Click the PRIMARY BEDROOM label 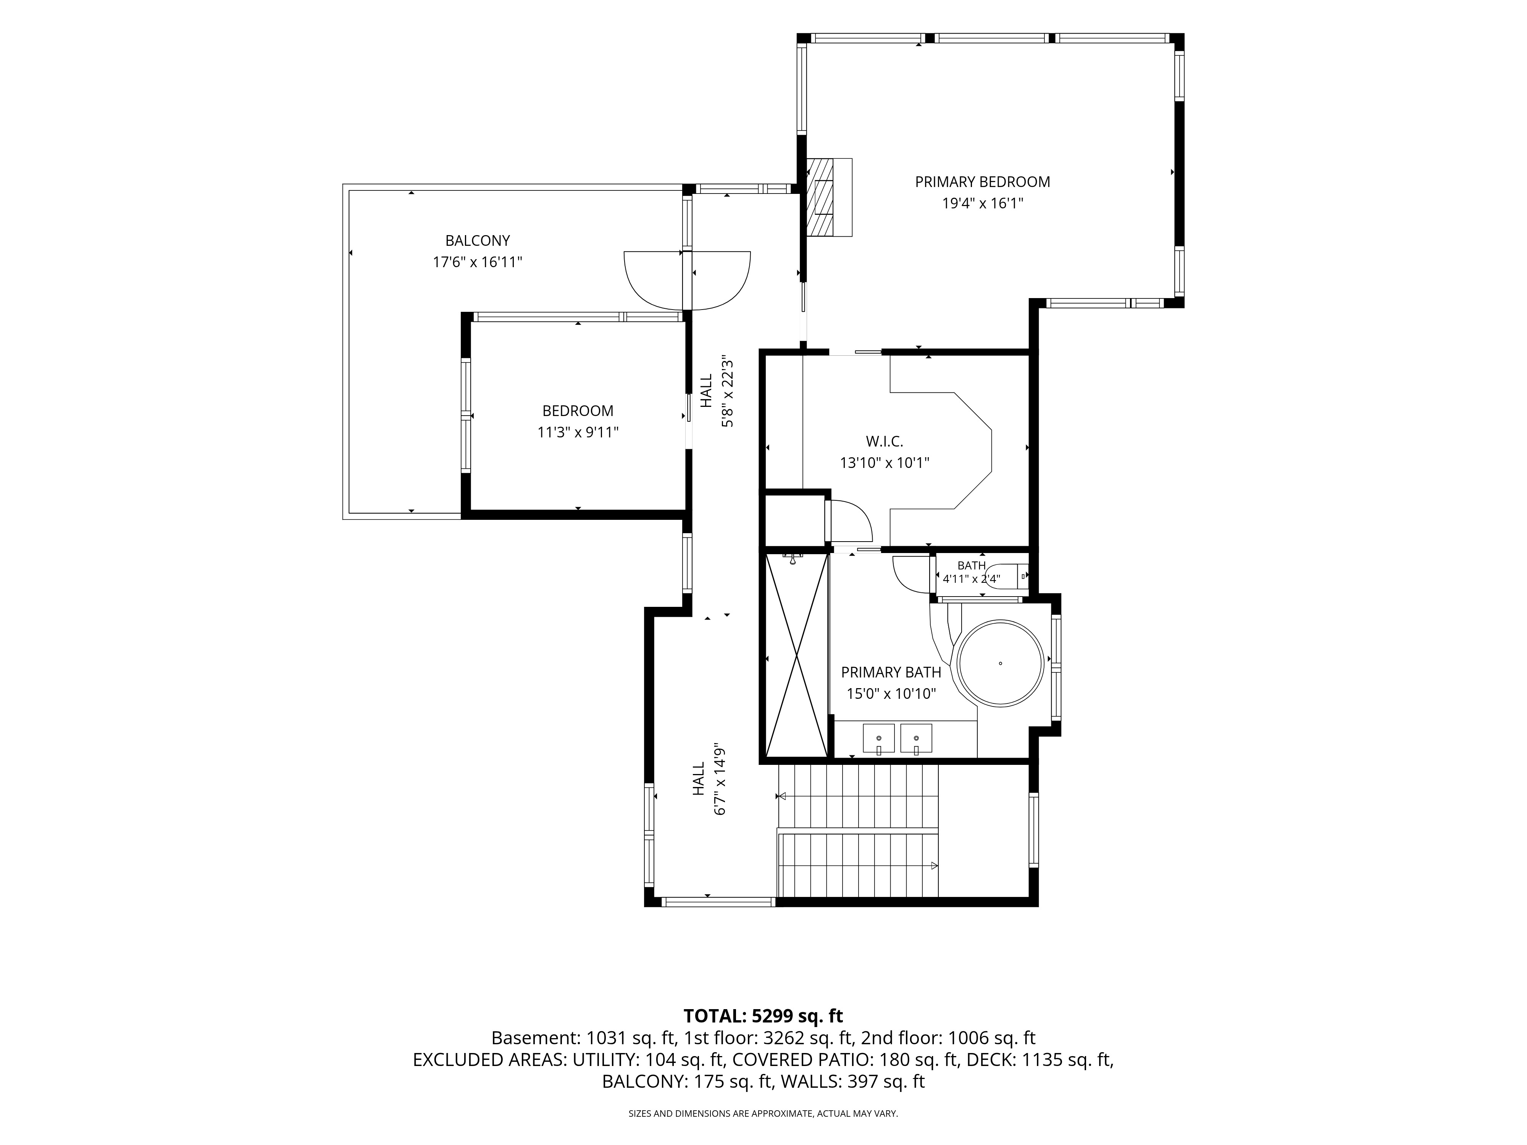tap(982, 182)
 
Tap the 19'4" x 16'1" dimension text tap(982, 203)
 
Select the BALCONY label tap(478, 241)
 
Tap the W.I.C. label tap(884, 442)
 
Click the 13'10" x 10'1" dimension tap(884, 463)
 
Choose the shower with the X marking tap(797, 656)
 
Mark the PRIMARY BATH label tap(891, 672)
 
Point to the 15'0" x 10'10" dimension tap(891, 693)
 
